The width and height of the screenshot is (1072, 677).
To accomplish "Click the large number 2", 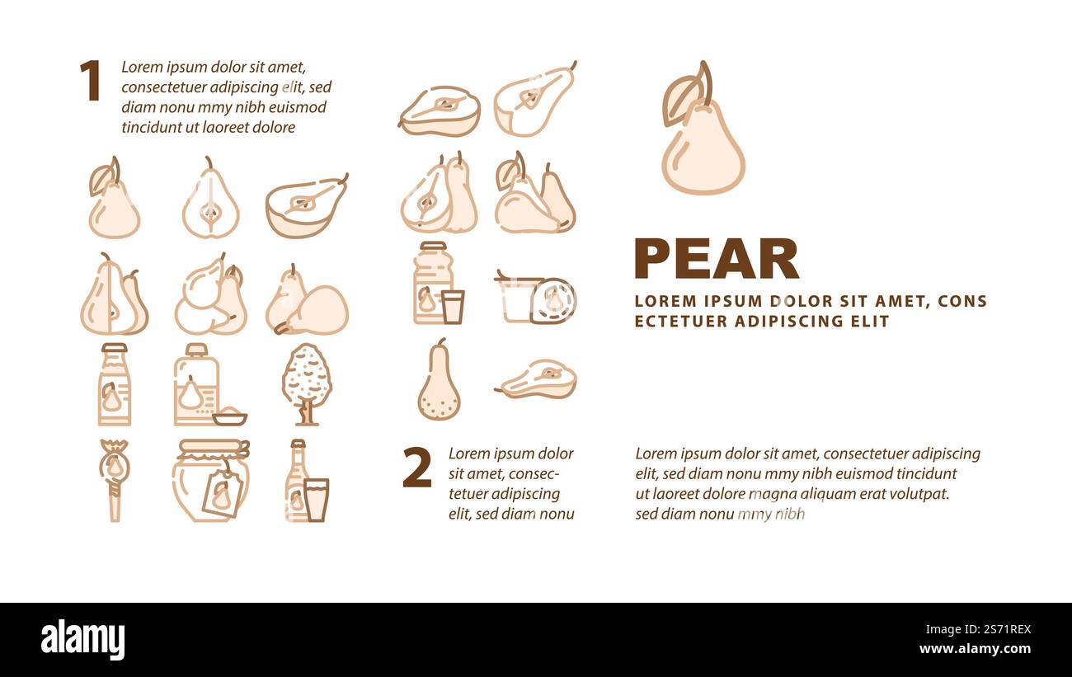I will pyautogui.click(x=416, y=468).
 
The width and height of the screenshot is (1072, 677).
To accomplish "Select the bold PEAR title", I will pyautogui.click(x=716, y=259).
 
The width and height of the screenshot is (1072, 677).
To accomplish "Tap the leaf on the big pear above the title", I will pyautogui.click(x=681, y=100).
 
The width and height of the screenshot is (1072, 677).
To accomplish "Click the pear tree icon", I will pyautogui.click(x=306, y=383).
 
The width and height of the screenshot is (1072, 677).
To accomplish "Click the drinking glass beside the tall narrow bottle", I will pyautogui.click(x=316, y=500).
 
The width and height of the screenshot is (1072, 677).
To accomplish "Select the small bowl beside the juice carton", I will pyautogui.click(x=229, y=417).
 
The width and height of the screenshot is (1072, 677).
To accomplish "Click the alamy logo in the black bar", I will pyautogui.click(x=82, y=640).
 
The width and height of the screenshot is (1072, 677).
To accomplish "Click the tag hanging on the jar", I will pyautogui.click(x=221, y=495).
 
